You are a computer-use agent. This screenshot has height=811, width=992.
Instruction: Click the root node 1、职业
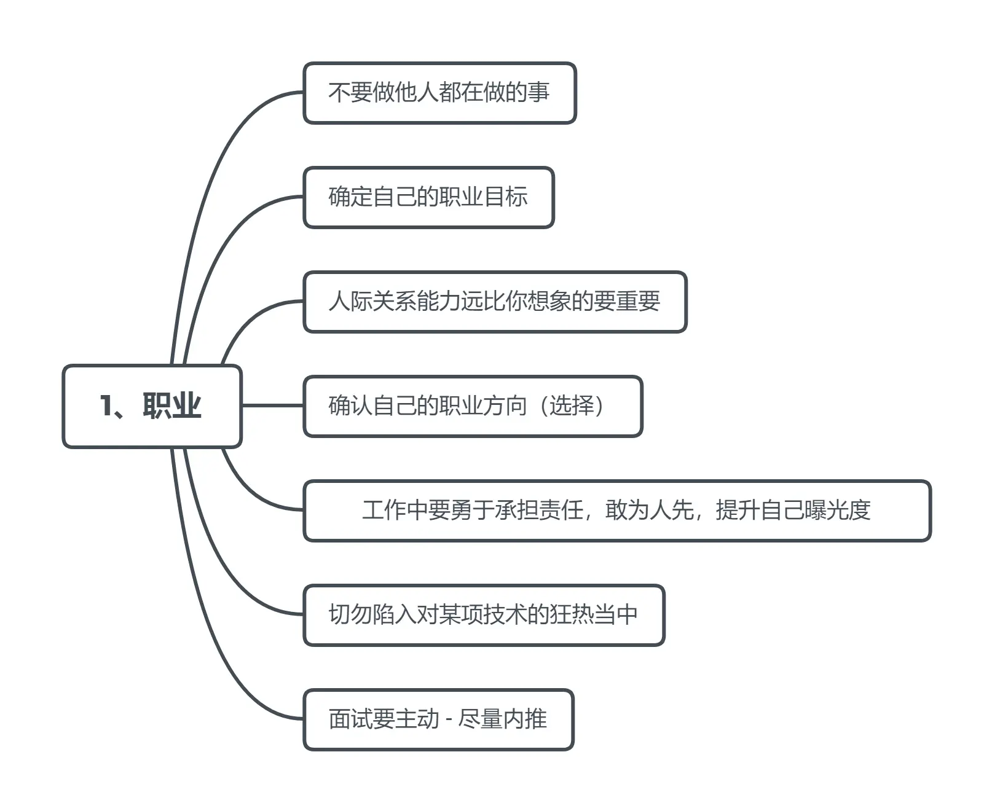tap(152, 406)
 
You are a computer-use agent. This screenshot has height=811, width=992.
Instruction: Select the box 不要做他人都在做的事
tap(439, 93)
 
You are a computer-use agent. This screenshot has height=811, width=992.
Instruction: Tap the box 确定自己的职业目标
tap(428, 197)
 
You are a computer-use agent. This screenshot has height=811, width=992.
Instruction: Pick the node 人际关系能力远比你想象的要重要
tap(495, 302)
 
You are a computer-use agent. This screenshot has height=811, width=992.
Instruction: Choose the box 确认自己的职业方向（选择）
tap(473, 406)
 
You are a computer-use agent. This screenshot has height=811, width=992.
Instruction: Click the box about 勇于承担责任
tap(617, 511)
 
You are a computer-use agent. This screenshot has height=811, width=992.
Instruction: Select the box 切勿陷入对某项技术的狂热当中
tap(484, 615)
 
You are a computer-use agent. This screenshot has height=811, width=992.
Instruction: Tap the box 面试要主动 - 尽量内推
tap(438, 719)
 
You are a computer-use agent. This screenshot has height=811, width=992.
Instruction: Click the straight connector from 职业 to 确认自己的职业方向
tap(272, 405)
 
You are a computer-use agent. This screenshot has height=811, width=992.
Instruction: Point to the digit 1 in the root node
tap(106, 406)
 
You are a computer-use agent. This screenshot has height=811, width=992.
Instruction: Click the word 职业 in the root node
tap(172, 406)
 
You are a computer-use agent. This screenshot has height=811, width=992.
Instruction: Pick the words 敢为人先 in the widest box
tap(650, 510)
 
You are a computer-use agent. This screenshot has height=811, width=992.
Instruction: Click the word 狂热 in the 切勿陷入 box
tap(572, 614)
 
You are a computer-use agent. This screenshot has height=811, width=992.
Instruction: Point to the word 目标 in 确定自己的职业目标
tap(506, 197)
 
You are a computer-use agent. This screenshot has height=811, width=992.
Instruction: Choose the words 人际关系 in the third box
tap(372, 301)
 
